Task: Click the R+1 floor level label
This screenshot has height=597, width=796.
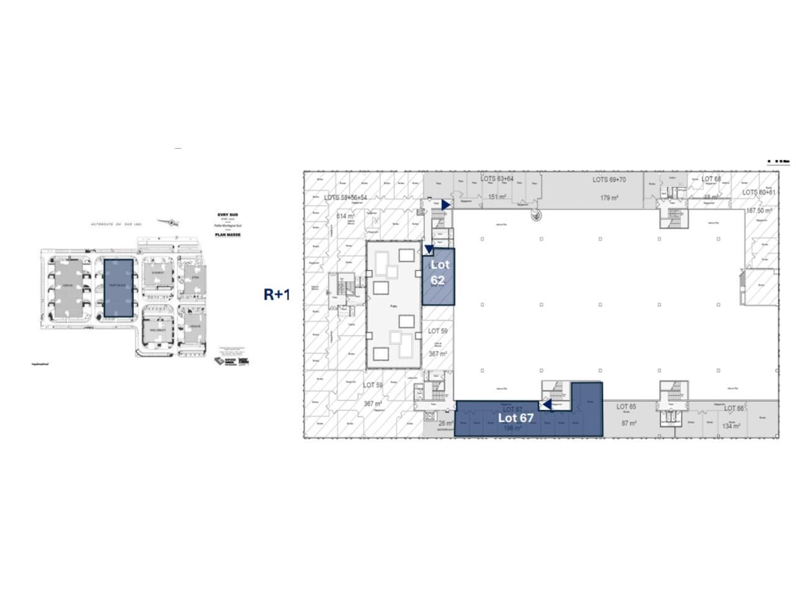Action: click(277, 294)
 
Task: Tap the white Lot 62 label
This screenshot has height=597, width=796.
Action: click(439, 272)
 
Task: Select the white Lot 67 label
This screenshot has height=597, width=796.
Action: click(516, 418)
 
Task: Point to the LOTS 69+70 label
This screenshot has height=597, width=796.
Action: click(609, 180)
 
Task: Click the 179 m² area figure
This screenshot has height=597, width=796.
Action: click(609, 198)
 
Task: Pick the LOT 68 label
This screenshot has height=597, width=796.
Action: click(711, 179)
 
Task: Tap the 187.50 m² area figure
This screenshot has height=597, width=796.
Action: click(759, 211)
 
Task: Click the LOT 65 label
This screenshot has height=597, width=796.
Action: click(626, 407)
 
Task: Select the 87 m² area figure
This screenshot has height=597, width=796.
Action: click(629, 423)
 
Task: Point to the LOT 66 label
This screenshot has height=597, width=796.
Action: click(734, 409)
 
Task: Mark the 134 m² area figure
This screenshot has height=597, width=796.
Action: click(731, 426)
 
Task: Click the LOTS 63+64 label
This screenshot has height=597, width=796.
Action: click(497, 179)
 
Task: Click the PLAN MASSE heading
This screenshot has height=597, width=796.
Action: click(228, 235)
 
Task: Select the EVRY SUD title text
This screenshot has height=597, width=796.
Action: click(228, 215)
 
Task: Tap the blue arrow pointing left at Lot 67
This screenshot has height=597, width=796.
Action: click(545, 405)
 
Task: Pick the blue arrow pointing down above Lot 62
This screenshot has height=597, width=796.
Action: click(429, 250)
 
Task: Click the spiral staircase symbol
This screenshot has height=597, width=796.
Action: click(534, 215)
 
